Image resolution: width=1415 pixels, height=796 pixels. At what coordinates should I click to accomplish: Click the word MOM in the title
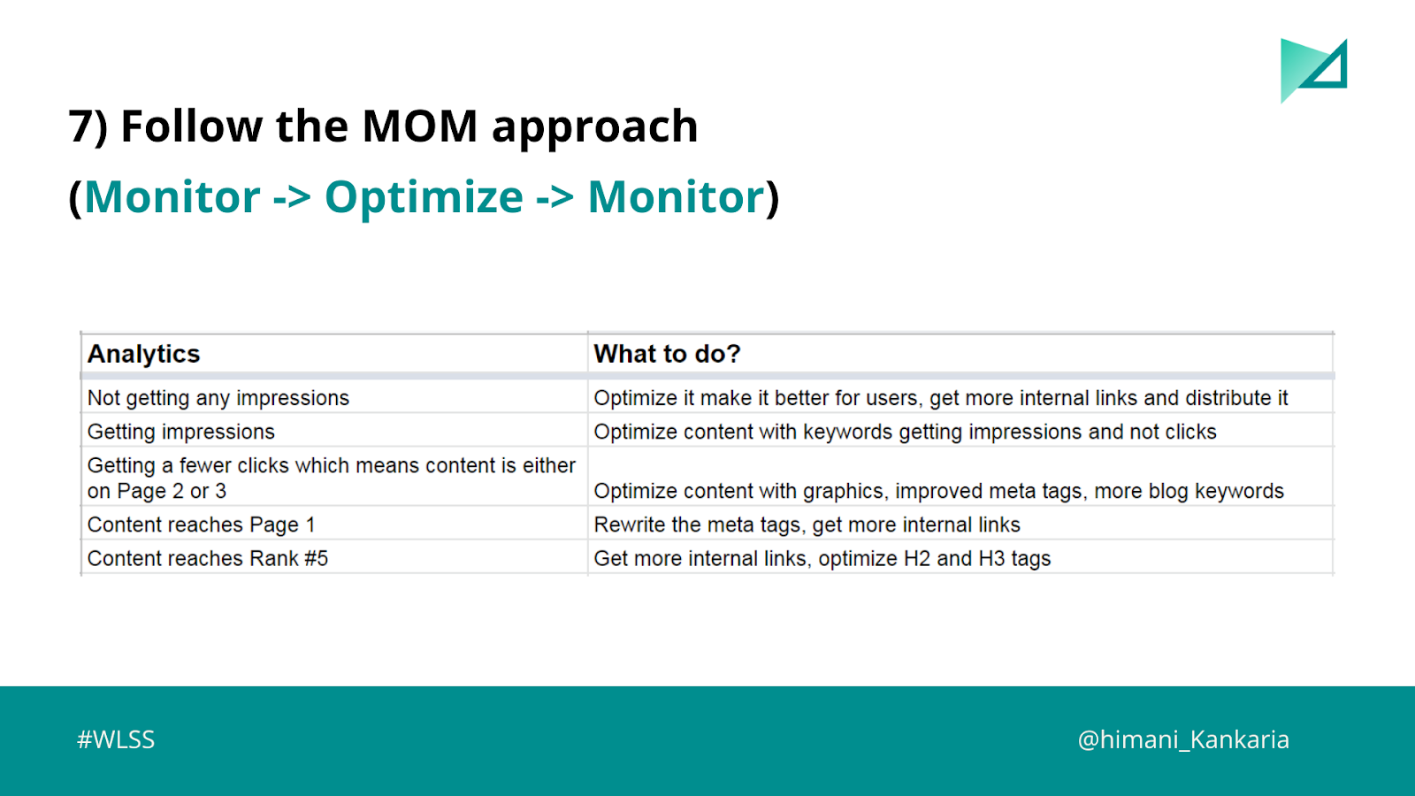[x=419, y=126]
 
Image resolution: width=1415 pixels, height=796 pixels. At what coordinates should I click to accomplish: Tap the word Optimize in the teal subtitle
[x=424, y=197]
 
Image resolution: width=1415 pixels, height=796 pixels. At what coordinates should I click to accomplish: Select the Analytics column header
[x=143, y=354]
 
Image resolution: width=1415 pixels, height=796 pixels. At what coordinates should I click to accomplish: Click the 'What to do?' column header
[x=667, y=354]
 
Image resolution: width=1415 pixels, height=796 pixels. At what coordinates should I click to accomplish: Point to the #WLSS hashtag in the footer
[x=116, y=739]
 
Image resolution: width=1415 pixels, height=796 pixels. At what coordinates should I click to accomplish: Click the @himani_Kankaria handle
[x=1183, y=739]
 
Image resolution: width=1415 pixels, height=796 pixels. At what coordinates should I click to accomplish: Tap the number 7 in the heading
[x=80, y=126]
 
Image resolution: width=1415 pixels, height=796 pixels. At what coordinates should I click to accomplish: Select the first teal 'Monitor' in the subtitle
[x=172, y=197]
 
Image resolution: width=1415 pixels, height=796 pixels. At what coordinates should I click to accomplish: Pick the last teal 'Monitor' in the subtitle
[x=676, y=197]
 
